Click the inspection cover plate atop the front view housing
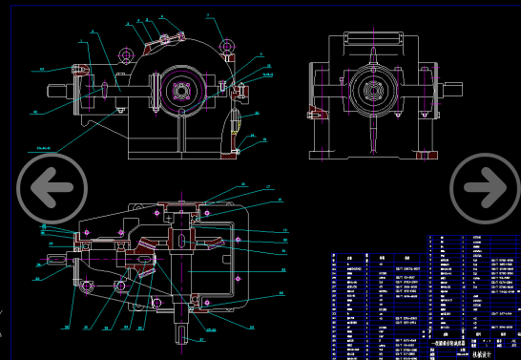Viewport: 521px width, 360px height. (156, 40)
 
